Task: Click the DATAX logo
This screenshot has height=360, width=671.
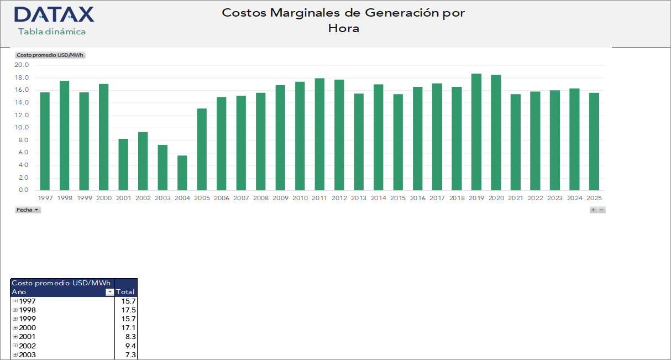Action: [54, 15]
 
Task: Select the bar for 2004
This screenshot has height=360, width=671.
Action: [182, 173]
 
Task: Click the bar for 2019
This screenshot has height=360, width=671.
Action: [476, 132]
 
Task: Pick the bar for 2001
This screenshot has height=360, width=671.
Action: [123, 165]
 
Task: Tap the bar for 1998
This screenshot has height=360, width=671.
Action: [64, 136]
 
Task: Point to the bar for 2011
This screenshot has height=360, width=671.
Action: [319, 134]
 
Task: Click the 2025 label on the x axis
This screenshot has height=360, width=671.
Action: [594, 198]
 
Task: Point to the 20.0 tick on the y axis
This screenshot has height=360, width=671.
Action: [22, 65]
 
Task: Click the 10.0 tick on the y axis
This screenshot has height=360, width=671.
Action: [22, 128]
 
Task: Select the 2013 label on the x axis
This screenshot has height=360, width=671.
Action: [359, 198]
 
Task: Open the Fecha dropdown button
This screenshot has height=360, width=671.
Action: [28, 210]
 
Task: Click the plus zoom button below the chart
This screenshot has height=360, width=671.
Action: [593, 210]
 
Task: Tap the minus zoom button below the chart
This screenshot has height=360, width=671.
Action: [602, 210]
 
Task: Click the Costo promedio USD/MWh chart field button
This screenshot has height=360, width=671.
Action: [50, 55]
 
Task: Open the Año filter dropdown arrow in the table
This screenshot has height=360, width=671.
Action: [109, 292]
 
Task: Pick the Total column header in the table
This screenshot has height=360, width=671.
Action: [125, 292]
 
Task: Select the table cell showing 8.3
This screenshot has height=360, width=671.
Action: [125, 337]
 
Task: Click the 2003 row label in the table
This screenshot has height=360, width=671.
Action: [28, 354]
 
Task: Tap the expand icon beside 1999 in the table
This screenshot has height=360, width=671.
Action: [15, 319]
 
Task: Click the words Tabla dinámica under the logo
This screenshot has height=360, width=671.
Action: [52, 32]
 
